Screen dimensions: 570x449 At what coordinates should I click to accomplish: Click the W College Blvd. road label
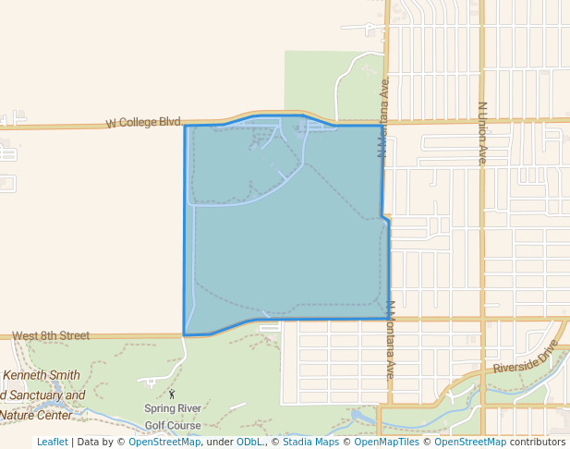143,122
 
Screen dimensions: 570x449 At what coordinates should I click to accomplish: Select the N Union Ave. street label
482,133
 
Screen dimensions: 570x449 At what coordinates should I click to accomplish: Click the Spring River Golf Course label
172,417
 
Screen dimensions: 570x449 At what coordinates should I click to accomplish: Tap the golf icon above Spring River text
171,394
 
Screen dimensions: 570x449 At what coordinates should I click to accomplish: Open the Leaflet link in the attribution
52,442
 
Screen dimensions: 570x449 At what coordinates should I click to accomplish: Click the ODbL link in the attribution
249,442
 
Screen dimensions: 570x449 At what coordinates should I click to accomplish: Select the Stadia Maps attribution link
310,442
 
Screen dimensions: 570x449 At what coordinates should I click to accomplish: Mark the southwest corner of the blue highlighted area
185,334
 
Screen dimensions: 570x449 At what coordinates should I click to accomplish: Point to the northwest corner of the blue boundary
186,126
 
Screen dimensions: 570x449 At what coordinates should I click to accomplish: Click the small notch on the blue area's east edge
385,219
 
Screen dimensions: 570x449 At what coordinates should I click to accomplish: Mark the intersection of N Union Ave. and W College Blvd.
481,120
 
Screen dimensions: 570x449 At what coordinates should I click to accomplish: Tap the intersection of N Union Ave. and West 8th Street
481,319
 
